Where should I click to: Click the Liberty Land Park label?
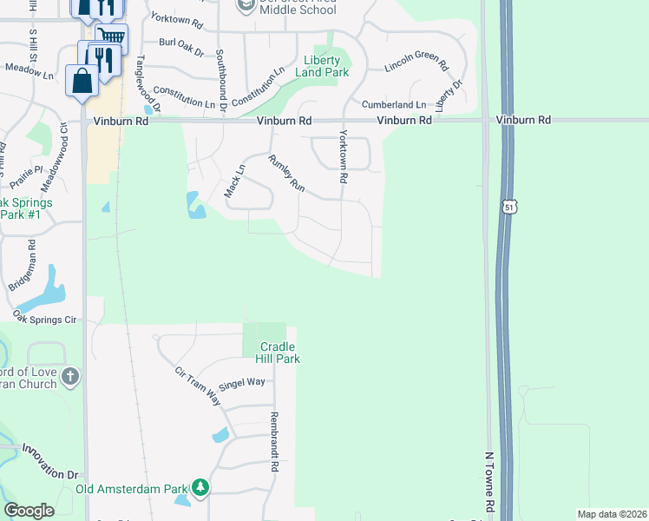tap(327, 67)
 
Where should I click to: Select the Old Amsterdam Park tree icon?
tap(201, 488)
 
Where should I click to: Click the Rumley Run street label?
tap(287, 173)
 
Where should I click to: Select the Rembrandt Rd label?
tap(274, 441)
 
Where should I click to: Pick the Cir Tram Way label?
tap(198, 386)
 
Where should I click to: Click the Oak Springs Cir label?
tap(45, 320)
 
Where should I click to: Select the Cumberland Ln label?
tap(394, 104)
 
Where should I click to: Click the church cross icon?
tap(70, 377)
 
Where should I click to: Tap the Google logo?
tap(29, 511)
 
